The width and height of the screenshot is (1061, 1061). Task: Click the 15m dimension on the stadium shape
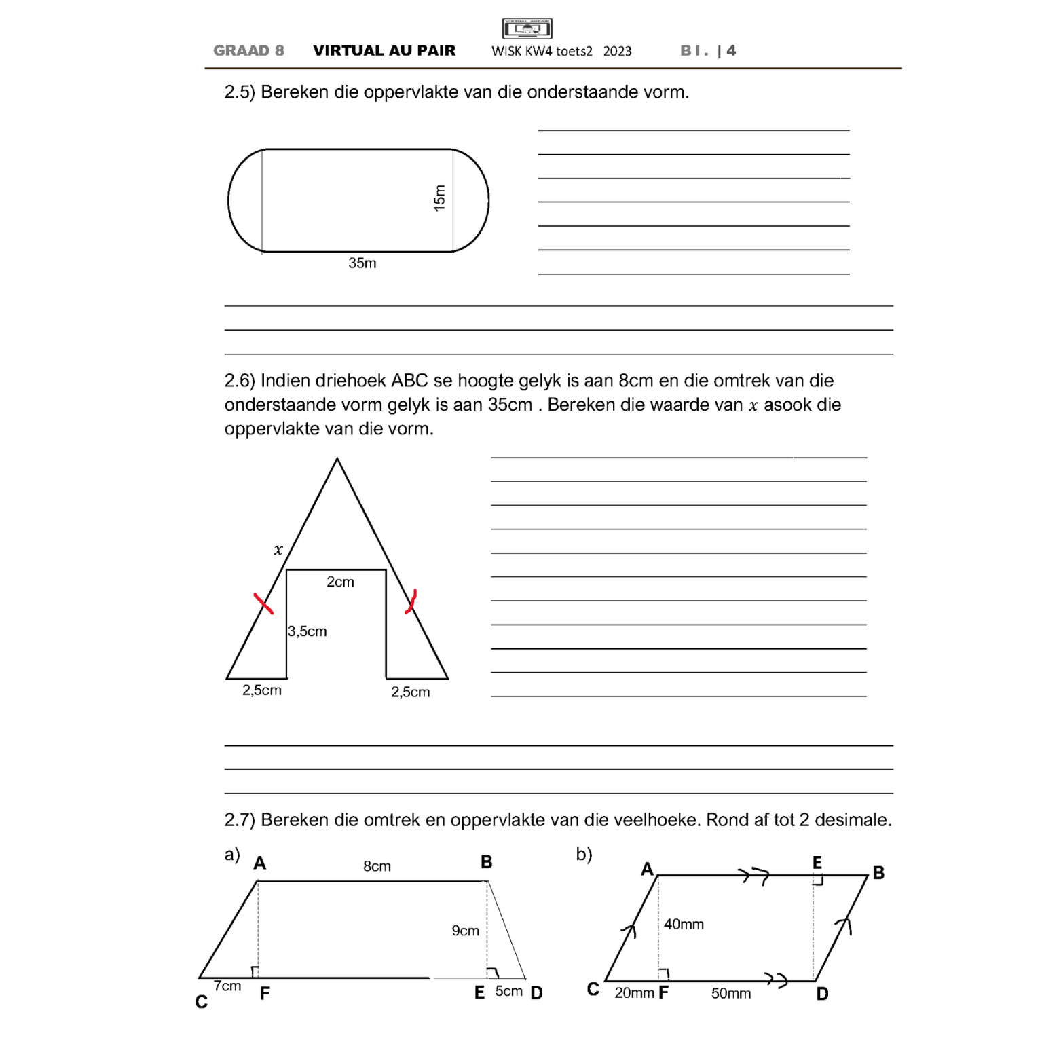439,198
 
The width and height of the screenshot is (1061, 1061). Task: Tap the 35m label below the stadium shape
362,263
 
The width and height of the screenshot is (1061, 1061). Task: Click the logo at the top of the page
527,29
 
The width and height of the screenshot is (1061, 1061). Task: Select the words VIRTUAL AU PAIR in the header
384,51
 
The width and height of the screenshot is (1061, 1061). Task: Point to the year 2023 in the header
617,52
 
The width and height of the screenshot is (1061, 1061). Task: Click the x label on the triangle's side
278,550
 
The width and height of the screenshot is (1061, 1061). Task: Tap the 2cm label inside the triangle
340,582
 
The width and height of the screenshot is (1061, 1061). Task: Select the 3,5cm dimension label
308,631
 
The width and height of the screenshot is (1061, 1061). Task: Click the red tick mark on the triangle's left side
263,603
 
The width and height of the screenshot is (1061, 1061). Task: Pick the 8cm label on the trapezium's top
377,866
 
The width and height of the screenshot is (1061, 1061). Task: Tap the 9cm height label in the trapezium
465,931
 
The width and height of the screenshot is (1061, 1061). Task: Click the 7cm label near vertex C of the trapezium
227,986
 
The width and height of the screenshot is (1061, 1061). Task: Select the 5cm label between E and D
508,991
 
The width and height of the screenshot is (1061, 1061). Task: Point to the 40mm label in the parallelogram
684,924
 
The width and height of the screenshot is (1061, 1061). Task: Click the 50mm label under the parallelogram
731,993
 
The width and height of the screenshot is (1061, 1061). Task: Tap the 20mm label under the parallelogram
634,993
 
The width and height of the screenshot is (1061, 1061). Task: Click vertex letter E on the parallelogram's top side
817,862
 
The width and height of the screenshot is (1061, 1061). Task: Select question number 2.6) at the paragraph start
240,381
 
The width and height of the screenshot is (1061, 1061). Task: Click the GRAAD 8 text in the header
248,51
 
